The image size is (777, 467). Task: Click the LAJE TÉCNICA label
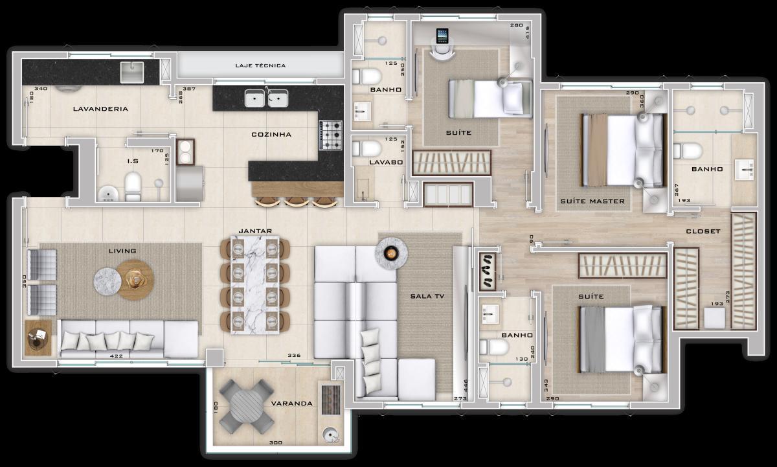click(x=260, y=65)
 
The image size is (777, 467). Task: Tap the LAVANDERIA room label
click(x=100, y=109)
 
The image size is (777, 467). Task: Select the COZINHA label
click(x=271, y=135)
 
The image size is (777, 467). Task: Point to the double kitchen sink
click(x=266, y=98)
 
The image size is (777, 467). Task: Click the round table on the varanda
click(x=246, y=406)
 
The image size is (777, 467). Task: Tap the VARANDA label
click(x=291, y=404)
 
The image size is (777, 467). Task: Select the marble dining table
click(x=255, y=284)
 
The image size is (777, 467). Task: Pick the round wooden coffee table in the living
click(x=135, y=280)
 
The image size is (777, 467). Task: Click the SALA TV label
click(x=427, y=297)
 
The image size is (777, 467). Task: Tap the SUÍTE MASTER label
click(x=592, y=201)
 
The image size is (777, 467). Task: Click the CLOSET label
click(x=703, y=231)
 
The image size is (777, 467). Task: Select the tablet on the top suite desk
click(x=443, y=35)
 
